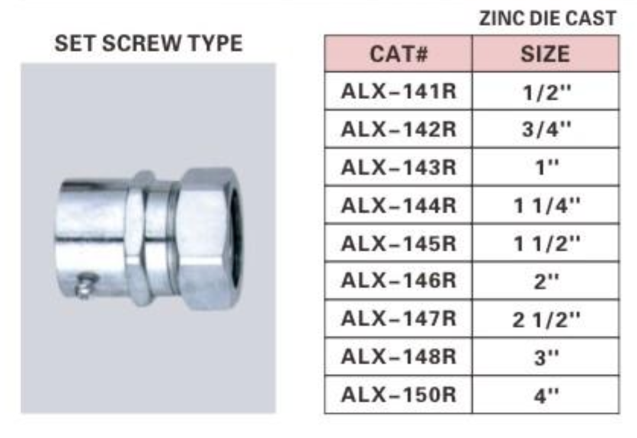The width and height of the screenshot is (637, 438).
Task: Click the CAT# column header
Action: click(398, 53)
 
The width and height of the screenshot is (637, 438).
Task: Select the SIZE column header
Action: click(546, 53)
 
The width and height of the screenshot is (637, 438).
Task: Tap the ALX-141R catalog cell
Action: click(398, 91)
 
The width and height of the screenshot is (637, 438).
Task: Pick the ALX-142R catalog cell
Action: click(398, 129)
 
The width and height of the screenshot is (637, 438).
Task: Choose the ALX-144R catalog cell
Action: click(398, 205)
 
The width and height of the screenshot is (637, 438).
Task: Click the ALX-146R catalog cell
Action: click(398, 281)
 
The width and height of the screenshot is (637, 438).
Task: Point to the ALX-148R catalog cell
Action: click(398, 357)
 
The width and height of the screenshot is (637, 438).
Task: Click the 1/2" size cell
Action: click(546, 92)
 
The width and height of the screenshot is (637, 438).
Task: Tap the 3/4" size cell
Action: click(546, 129)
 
